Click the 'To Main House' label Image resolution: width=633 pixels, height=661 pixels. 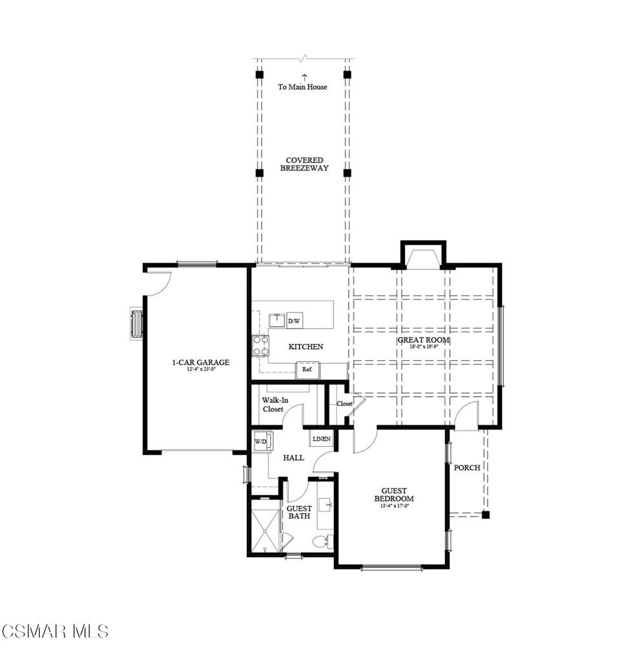pyautogui.click(x=302, y=87)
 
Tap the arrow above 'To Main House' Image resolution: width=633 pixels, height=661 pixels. pyautogui.click(x=304, y=77)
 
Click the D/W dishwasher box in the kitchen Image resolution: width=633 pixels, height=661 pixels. pyautogui.click(x=294, y=320)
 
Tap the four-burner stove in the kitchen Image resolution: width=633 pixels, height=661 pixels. pyautogui.click(x=260, y=345)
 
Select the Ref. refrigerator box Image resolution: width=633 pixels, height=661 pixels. pyautogui.click(x=307, y=370)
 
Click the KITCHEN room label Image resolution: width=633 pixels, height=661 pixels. pyautogui.click(x=306, y=347)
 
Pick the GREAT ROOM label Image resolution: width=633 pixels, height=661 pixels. pyautogui.click(x=423, y=340)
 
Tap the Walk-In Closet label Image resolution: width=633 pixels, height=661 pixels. pyautogui.click(x=275, y=405)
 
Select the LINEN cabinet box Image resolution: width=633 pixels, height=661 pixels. pyautogui.click(x=321, y=439)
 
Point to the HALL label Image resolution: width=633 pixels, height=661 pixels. pyautogui.click(x=294, y=458)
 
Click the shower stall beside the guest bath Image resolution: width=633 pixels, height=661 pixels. pyautogui.click(x=265, y=528)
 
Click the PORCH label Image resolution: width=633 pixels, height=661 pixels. pyautogui.click(x=466, y=467)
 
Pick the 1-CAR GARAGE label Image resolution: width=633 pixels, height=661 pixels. pyautogui.click(x=200, y=363)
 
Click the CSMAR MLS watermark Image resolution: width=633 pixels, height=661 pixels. pyautogui.click(x=55, y=631)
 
